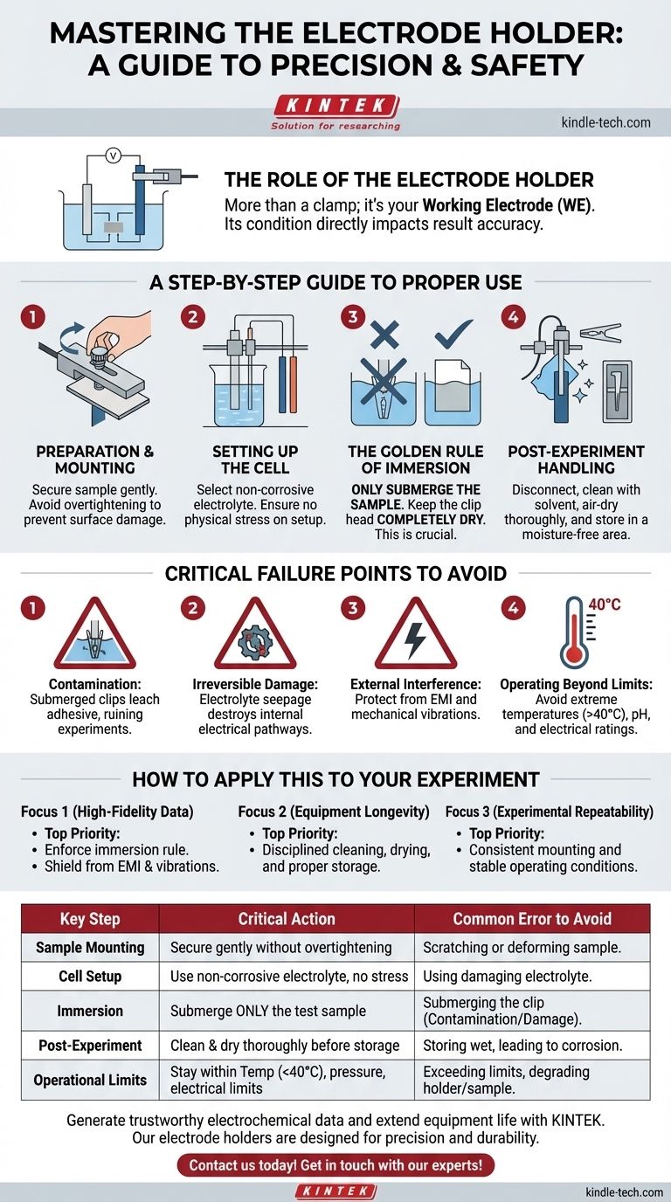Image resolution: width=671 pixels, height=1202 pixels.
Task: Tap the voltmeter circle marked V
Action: coord(113,155)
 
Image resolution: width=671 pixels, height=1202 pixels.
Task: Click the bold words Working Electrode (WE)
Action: coord(508,205)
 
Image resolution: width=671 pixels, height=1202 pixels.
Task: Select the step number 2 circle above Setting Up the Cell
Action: coord(192,317)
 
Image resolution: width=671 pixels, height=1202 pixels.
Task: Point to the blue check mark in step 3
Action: coord(453,333)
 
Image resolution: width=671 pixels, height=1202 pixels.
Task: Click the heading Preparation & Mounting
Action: coord(95,459)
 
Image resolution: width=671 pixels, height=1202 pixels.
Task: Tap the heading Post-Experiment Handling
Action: coord(576,459)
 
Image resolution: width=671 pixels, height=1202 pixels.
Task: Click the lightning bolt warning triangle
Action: coord(416,636)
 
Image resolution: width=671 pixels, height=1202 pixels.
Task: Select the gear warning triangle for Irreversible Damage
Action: coord(255,636)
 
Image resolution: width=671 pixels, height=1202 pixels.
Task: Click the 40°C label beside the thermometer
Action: coord(605,604)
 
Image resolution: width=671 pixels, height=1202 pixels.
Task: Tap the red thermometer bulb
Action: coord(574,654)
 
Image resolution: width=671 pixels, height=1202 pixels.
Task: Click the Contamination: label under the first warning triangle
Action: coord(95,684)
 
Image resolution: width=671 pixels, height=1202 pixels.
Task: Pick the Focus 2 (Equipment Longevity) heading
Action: coord(334,812)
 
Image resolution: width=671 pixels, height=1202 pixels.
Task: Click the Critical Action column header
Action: coord(287,919)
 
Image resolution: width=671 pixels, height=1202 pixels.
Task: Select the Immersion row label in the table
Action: coord(90,1011)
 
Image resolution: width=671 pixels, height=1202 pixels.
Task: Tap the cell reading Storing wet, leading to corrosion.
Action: coord(522,1046)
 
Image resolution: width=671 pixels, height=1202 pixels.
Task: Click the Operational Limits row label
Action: coord(90,1080)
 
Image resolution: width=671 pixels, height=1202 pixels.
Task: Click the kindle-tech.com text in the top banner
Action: coord(606,122)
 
